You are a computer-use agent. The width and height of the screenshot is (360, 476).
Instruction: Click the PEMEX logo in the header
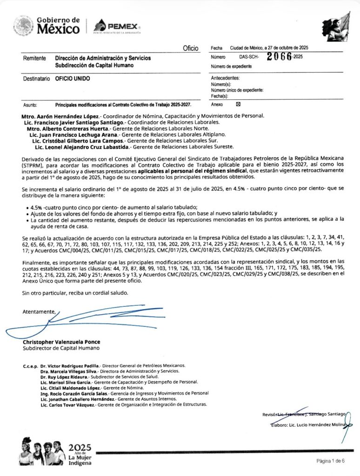tap(117, 26)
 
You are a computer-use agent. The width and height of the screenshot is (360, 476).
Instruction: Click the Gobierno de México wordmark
tap(58, 26)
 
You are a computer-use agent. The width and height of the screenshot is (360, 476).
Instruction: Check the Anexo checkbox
tap(239, 104)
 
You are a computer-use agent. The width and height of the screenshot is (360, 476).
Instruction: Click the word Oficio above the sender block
tap(191, 48)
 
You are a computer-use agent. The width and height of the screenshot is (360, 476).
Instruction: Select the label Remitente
tap(34, 59)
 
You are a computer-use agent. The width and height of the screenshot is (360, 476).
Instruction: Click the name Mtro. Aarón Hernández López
tap(60, 115)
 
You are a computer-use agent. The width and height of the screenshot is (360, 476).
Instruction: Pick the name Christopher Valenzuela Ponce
tap(61, 342)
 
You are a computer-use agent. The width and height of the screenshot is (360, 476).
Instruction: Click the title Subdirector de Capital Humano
tap(61, 348)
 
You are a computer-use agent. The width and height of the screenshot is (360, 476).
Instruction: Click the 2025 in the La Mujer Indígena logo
tap(80, 448)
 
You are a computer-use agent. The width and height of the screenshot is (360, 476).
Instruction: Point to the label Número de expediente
tap(232, 66)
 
